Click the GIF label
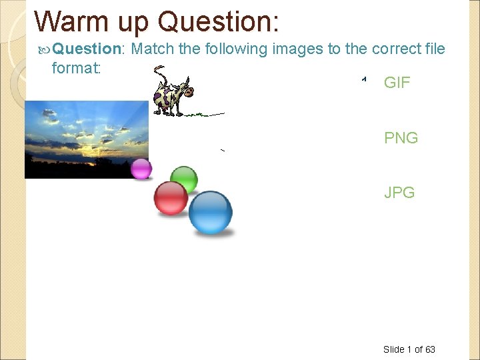click(x=397, y=83)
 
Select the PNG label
click(x=401, y=138)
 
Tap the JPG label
click(x=399, y=193)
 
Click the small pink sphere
click(x=141, y=169)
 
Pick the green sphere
click(x=184, y=179)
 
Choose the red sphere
click(x=171, y=198)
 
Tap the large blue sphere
click(x=211, y=212)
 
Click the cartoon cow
click(x=171, y=93)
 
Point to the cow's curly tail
click(x=159, y=71)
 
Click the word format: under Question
click(x=75, y=67)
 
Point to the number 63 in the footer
click(x=430, y=349)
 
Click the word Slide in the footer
click(x=393, y=349)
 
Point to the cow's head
click(x=183, y=85)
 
